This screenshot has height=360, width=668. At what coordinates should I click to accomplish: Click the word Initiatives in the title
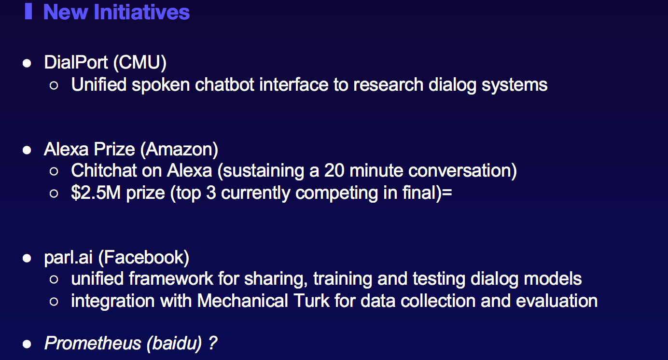[x=141, y=12]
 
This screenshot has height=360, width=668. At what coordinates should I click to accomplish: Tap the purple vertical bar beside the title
[x=28, y=11]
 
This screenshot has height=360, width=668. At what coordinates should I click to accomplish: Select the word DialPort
[x=76, y=62]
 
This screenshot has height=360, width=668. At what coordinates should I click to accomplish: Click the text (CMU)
[x=140, y=63]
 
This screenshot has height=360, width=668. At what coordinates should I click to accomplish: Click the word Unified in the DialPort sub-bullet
[x=99, y=85]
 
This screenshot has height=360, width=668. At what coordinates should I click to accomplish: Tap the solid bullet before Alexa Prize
[x=27, y=150]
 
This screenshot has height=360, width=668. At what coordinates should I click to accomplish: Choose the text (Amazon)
[x=179, y=150]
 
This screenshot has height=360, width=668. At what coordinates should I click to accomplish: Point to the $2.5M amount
[x=96, y=193]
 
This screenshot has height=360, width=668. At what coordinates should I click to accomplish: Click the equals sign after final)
[x=447, y=193]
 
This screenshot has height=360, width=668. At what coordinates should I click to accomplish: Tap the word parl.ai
[x=68, y=257]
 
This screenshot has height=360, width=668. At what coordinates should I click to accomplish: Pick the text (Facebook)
[x=144, y=257]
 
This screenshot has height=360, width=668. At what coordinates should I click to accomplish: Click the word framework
[x=171, y=279]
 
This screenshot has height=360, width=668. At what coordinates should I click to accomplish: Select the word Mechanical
[x=242, y=301]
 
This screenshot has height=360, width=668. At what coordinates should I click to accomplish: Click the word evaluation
[x=557, y=301]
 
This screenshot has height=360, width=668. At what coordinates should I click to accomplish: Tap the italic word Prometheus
[x=93, y=343]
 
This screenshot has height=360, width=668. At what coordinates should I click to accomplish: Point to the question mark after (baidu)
[x=213, y=343]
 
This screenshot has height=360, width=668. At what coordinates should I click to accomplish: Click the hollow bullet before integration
[x=54, y=302]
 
